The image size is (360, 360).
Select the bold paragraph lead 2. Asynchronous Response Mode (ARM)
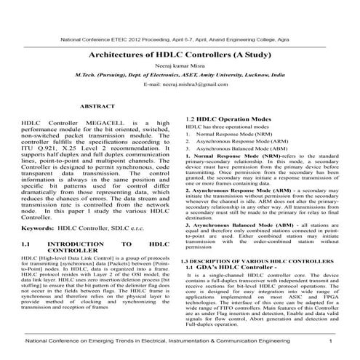[233, 190]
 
